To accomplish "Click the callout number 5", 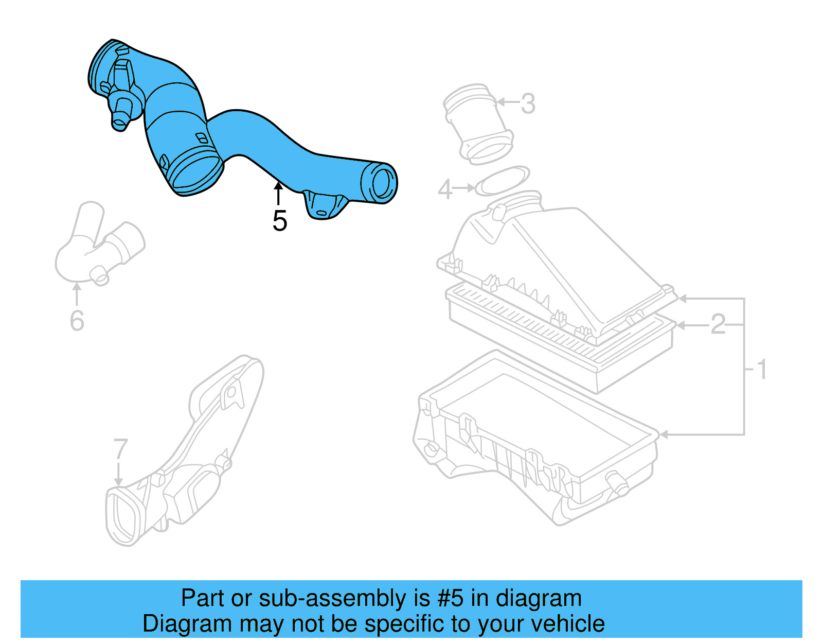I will point(279,221).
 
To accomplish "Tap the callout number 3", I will point(528,104).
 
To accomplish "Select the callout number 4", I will point(445,189).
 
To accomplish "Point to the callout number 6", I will point(77,321).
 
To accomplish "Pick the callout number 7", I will point(120,449).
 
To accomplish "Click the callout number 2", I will point(718,325).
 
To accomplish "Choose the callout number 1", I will point(762,370).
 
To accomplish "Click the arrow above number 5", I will point(278,194).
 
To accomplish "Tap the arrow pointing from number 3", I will point(508,102).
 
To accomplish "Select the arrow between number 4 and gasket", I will point(464,188).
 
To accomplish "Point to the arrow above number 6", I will point(77,294).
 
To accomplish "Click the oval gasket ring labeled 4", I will point(502,181).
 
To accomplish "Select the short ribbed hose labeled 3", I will point(478,124).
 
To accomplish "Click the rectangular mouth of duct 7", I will point(122,517).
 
